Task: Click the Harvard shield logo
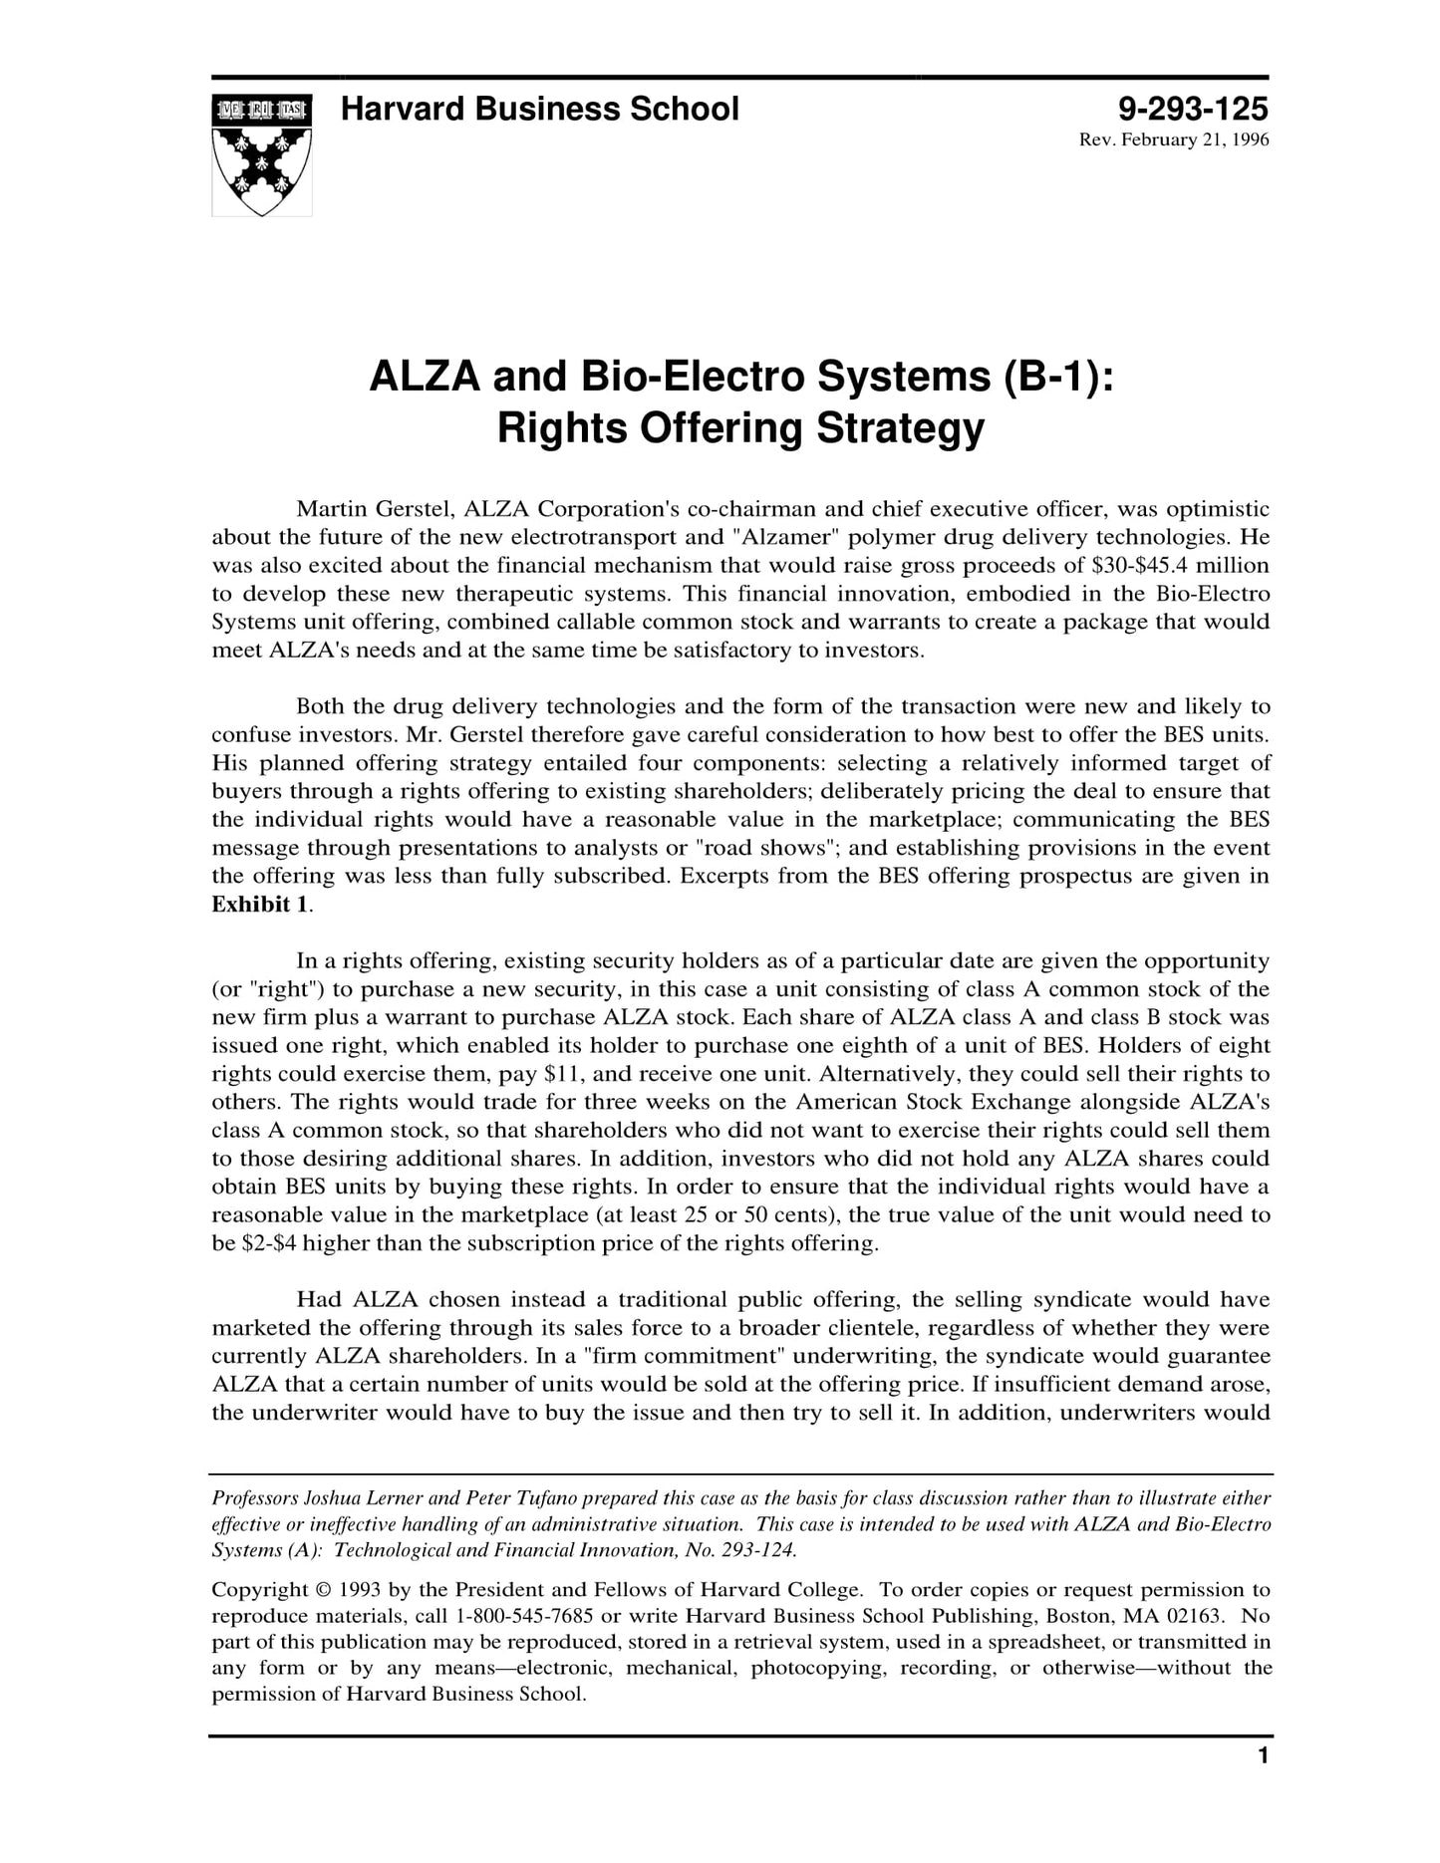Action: coord(262,154)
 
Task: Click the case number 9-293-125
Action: coord(1193,109)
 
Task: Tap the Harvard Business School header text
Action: coord(539,109)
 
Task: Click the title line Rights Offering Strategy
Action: coord(740,429)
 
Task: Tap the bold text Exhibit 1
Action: coord(259,905)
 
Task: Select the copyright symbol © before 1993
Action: coord(324,1589)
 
